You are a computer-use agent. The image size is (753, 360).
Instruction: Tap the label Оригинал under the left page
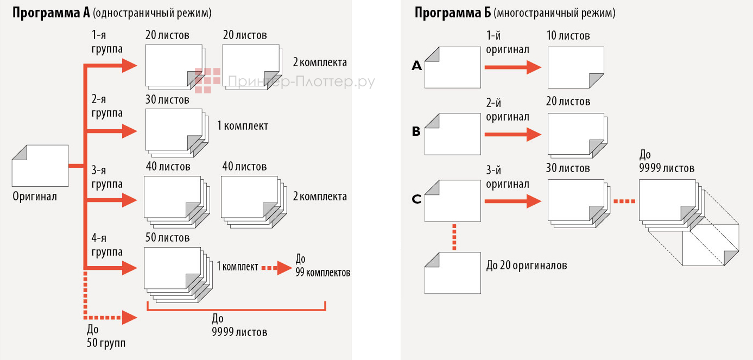pyautogui.click(x=35, y=197)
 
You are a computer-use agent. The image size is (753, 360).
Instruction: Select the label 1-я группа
pyautogui.click(x=107, y=42)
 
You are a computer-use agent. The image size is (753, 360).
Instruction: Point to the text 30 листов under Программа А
pyautogui.click(x=167, y=100)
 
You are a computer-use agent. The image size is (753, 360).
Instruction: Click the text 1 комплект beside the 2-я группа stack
pyautogui.click(x=243, y=126)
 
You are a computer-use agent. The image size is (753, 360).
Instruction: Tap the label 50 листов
pyautogui.click(x=167, y=238)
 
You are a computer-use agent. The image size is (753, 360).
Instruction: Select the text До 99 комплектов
pyautogui.click(x=322, y=266)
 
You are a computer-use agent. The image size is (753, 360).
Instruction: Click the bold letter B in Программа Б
pyautogui.click(x=416, y=131)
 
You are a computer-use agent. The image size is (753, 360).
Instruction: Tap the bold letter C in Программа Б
pyautogui.click(x=416, y=199)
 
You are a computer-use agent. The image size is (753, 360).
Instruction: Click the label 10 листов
pyautogui.click(x=568, y=36)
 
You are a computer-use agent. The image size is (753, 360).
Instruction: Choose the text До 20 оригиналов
pyautogui.click(x=526, y=266)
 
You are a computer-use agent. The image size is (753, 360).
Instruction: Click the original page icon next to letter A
pyautogui.click(x=452, y=68)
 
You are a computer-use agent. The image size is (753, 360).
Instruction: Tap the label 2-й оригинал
pyautogui.click(x=508, y=109)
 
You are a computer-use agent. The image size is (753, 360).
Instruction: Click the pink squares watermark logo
pyautogui.click(x=208, y=80)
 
